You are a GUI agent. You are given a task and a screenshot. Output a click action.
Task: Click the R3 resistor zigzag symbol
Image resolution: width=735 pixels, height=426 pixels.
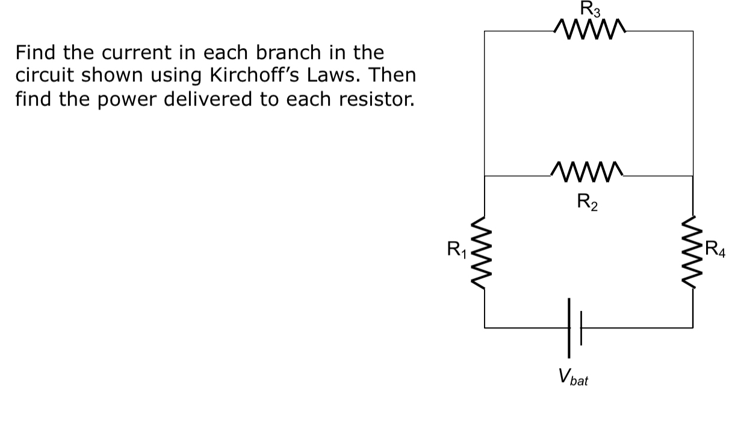coord(588,27)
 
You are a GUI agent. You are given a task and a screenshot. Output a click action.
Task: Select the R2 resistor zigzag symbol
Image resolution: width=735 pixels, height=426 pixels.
coord(588,172)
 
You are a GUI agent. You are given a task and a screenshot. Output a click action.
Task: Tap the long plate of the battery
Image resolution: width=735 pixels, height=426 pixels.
coord(569,328)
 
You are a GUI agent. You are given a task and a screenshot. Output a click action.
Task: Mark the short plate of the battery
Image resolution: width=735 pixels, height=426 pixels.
coord(581,328)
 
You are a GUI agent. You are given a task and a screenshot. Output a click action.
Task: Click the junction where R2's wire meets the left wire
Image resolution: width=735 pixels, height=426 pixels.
coord(485,176)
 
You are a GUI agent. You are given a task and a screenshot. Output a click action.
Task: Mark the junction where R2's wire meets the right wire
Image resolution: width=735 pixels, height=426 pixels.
coord(692,176)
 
